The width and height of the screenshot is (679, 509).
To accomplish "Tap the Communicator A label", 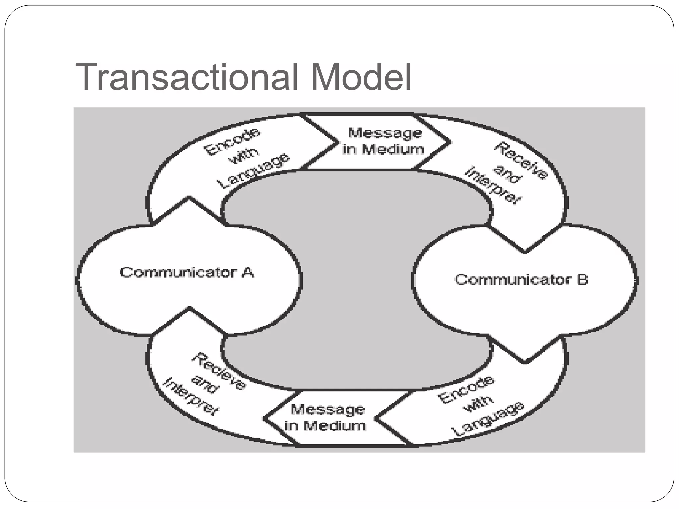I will [x=187, y=273].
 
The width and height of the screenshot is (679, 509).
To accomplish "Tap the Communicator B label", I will [x=521, y=280].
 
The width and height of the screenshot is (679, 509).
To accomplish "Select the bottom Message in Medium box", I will [x=327, y=418].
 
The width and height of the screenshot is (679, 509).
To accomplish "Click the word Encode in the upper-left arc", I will [x=231, y=142].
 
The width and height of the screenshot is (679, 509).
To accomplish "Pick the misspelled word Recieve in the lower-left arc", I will [x=219, y=371].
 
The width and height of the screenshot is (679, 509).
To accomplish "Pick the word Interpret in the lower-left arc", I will [x=191, y=396].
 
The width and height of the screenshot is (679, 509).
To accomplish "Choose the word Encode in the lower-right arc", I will [x=466, y=390].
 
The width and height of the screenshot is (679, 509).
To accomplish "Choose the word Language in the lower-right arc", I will [x=488, y=419].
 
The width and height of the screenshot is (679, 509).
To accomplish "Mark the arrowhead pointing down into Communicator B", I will [x=525, y=249].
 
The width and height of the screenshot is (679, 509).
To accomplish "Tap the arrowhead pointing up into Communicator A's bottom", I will [x=189, y=311].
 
